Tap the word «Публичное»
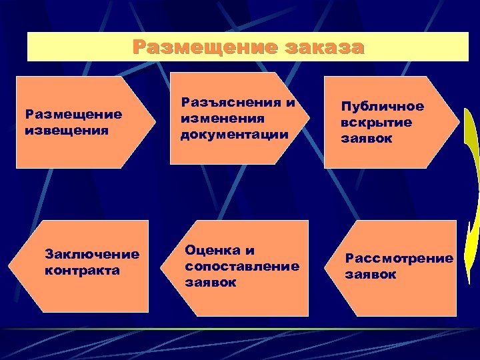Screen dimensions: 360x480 point(382,107)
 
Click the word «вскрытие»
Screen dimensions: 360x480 point(376,123)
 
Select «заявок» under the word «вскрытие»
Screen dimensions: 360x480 point(366,139)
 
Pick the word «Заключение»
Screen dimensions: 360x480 point(91,254)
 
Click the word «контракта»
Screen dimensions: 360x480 point(82,270)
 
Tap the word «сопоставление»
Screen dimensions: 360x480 point(241,266)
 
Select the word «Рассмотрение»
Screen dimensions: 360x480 point(399,258)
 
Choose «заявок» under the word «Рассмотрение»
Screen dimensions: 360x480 point(370,274)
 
